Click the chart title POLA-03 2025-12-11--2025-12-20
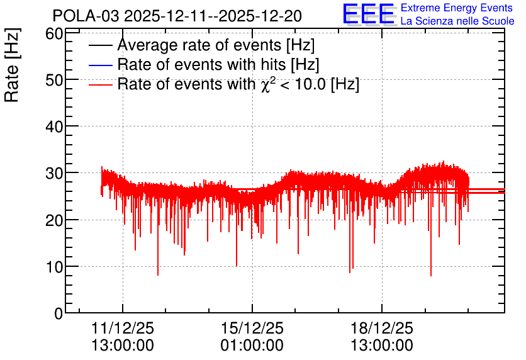tap(177, 16)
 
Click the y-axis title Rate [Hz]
tap(12, 65)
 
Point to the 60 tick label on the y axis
tap(54, 34)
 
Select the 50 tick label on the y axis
tap(54, 80)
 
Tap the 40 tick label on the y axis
tap(54, 127)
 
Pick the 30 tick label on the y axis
tap(54, 174)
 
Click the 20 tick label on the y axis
tap(54, 220)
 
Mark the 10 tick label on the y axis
tap(54, 267)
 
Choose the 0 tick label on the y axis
tap(59, 313)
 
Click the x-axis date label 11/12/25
tap(123, 328)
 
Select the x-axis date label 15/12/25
tap(252, 328)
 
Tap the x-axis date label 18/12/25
tap(382, 328)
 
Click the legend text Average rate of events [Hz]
tap(216, 45)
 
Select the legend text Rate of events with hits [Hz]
tap(218, 64)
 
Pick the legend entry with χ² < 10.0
tap(238, 84)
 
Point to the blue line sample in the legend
tap(100, 65)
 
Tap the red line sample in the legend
tap(100, 84)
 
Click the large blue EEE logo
tap(368, 14)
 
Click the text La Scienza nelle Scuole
tap(457, 21)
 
